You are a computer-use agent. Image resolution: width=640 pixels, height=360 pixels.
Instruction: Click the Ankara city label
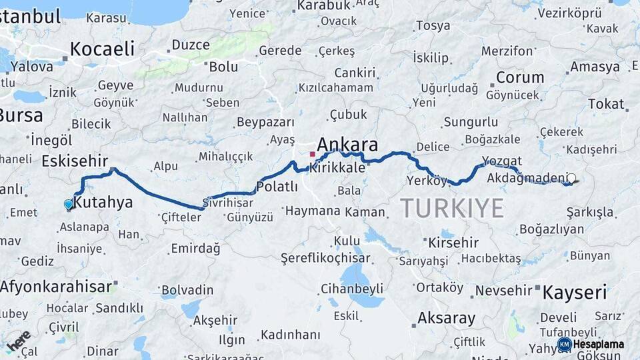[347, 145]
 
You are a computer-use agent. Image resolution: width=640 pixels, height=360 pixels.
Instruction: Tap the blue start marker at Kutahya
[68, 204]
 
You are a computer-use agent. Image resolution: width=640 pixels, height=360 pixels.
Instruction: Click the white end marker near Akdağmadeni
[571, 178]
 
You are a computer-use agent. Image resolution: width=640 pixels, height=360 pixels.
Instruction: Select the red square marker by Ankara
[312, 154]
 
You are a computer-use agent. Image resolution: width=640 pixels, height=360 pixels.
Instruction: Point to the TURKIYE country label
[452, 209]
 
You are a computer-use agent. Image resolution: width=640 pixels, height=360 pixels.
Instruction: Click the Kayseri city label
[575, 292]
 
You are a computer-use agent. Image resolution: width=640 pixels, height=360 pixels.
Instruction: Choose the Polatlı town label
[277, 187]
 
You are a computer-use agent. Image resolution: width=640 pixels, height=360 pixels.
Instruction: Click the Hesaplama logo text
[598, 344]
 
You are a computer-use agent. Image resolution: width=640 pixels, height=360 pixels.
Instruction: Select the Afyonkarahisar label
[56, 287]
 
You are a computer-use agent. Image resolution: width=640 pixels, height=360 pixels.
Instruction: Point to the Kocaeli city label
[102, 49]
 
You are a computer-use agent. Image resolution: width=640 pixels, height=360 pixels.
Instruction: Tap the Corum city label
[520, 77]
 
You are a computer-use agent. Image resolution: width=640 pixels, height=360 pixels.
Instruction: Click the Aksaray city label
[446, 317]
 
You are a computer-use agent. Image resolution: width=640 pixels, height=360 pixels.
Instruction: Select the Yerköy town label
[427, 181]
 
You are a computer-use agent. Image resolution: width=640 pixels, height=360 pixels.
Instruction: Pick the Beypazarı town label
[265, 122]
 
